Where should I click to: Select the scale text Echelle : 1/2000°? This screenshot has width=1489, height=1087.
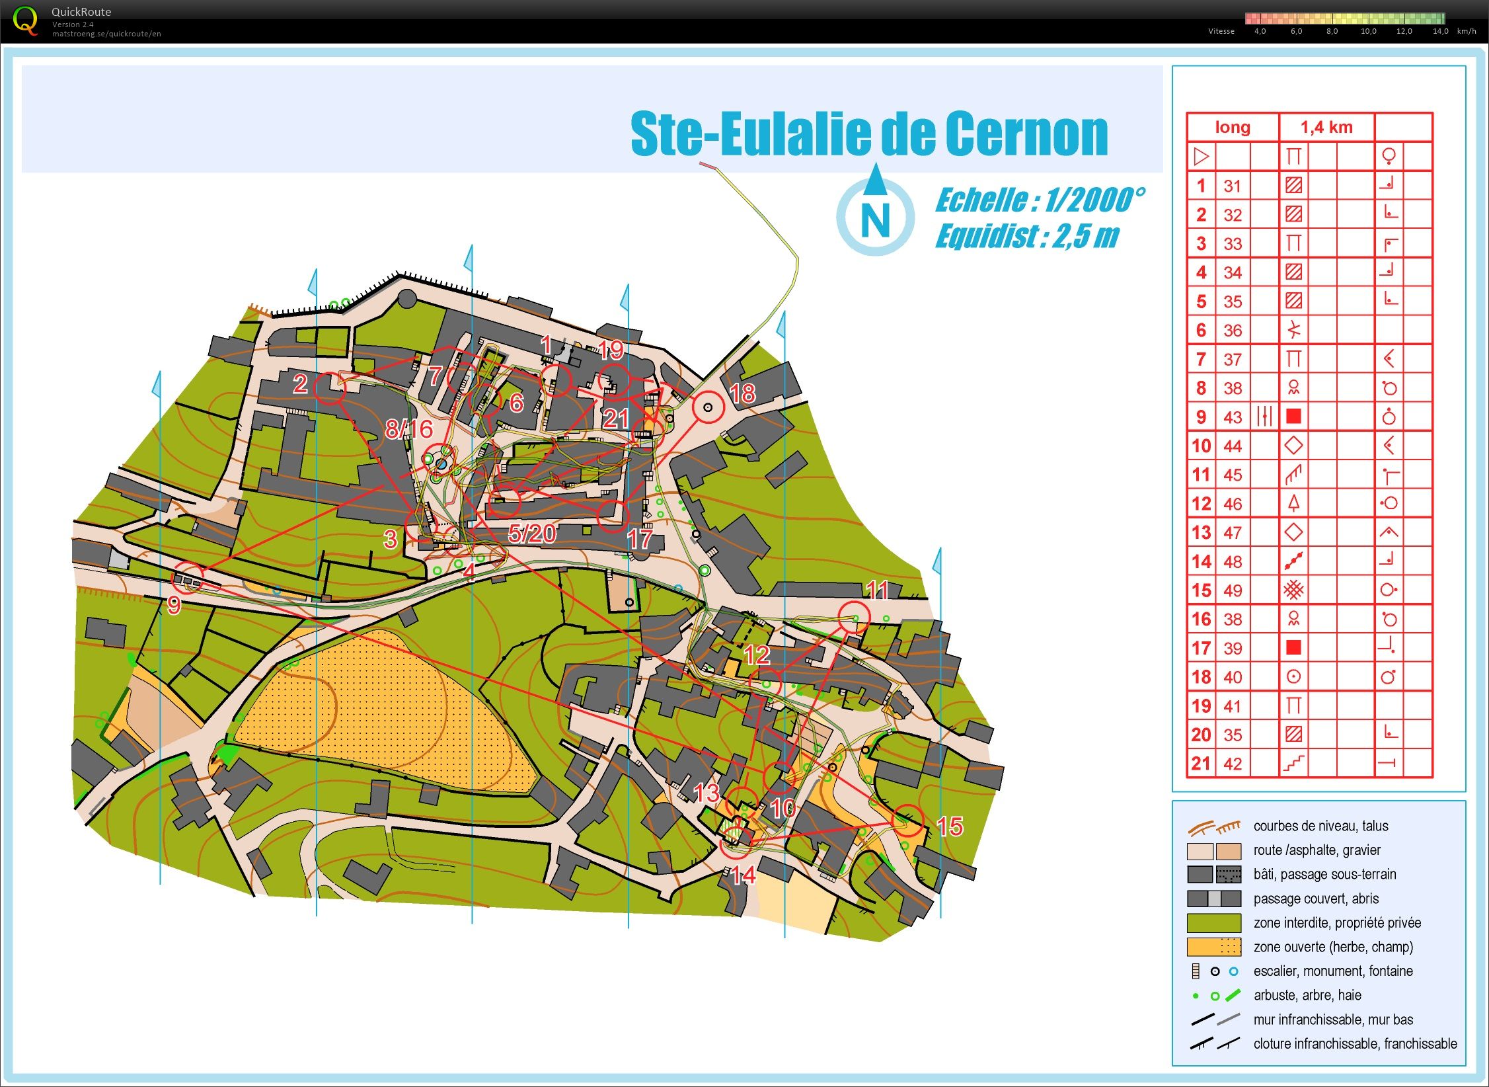(1040, 200)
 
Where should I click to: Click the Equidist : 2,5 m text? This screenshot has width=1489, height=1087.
(1026, 236)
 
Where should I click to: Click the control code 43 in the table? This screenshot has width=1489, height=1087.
(1233, 417)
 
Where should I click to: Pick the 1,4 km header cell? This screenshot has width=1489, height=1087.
(1326, 127)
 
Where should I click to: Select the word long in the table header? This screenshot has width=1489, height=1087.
(1233, 127)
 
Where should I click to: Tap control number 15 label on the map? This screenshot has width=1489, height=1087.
(950, 826)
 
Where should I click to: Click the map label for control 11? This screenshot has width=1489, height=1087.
(877, 589)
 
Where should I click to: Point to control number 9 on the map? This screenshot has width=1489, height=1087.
(174, 604)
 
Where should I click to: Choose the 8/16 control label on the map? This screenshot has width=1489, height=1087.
(409, 429)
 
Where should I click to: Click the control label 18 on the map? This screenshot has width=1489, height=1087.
(742, 393)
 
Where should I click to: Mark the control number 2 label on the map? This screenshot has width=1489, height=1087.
(300, 383)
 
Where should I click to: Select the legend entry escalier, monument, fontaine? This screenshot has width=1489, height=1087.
(1332, 971)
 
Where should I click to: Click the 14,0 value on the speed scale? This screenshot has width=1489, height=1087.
(1440, 31)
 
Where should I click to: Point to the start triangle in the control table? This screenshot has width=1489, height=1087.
(1202, 157)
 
